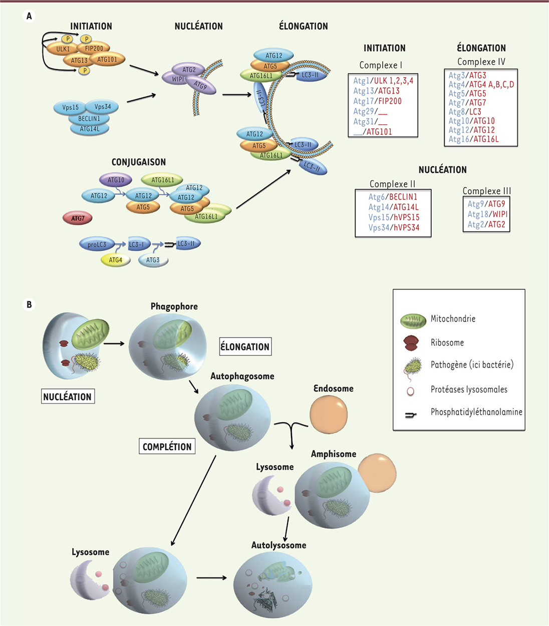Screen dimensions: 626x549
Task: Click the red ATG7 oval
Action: tap(78, 218)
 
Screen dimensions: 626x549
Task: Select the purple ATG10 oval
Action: tap(116, 180)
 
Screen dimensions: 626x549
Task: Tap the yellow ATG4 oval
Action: tap(115, 260)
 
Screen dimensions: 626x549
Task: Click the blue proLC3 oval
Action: tap(97, 244)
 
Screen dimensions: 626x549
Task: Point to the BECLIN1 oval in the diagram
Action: tap(89, 119)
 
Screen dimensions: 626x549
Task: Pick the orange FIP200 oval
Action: tap(94, 49)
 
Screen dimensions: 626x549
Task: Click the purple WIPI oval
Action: tap(177, 79)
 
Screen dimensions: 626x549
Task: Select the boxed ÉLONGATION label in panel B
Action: tap(245, 347)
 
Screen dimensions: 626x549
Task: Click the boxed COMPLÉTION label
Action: tap(167, 447)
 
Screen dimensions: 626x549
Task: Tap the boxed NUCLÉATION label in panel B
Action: tap(68, 397)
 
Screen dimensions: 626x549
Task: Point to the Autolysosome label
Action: tap(279, 545)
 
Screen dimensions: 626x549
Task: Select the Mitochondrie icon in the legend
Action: tap(413, 321)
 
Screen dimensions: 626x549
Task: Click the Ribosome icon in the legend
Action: tap(413, 344)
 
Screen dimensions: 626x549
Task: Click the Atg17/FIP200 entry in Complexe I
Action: tap(377, 101)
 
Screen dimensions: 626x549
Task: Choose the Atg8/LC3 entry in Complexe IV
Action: tap(465, 112)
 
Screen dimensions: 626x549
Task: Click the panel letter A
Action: tap(29, 17)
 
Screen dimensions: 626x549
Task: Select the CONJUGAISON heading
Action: tap(138, 162)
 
